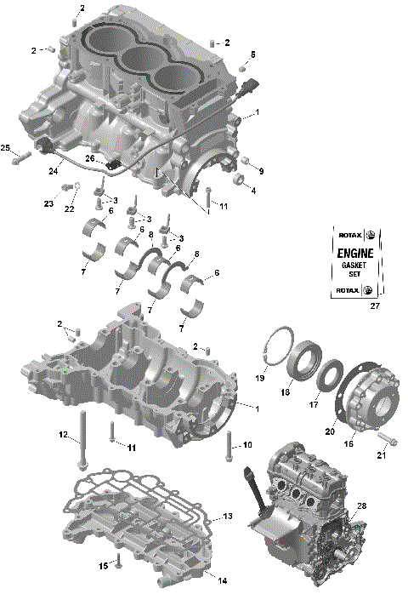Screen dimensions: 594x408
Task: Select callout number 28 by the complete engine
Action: point(361,506)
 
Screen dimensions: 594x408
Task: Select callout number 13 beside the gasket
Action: point(227,517)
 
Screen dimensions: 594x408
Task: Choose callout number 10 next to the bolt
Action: point(247,445)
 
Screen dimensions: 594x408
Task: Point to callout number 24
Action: point(54,170)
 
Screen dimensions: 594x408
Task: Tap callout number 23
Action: point(48,204)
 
